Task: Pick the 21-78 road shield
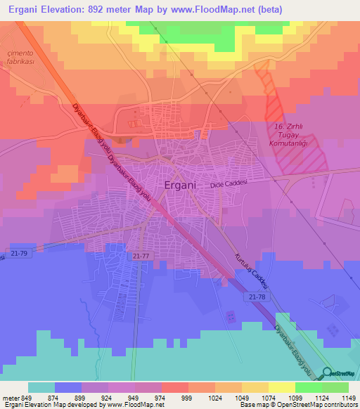click(x=257, y=298)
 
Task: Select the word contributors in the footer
click(x=340, y=405)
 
